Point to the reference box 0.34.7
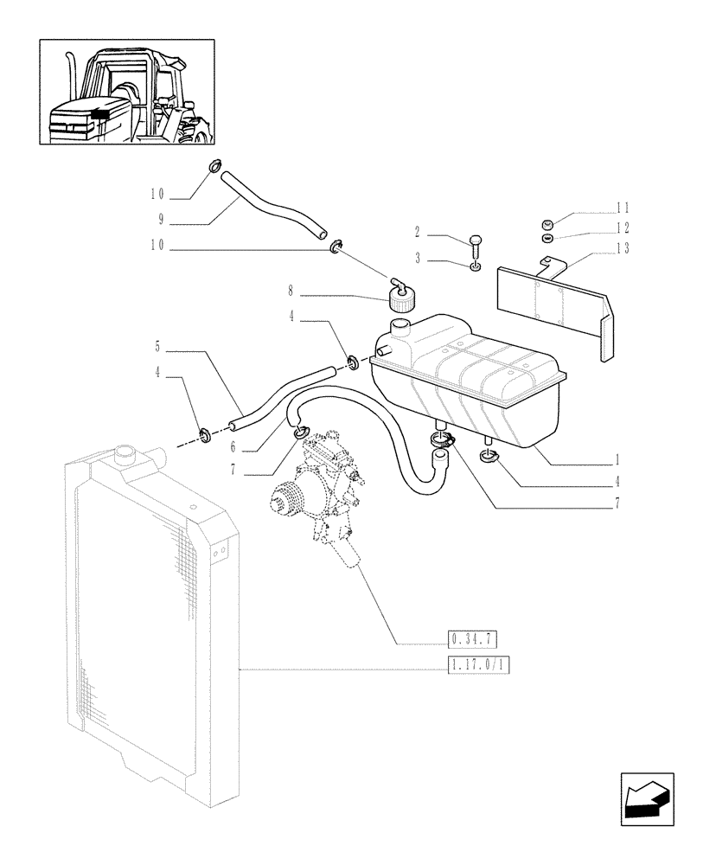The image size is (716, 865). [473, 640]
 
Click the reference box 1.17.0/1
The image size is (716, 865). [478, 665]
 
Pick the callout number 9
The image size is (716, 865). [161, 220]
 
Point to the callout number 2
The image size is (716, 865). [417, 232]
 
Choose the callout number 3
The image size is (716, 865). [417, 258]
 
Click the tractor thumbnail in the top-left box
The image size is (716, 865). [127, 91]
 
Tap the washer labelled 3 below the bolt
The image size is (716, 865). [474, 267]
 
